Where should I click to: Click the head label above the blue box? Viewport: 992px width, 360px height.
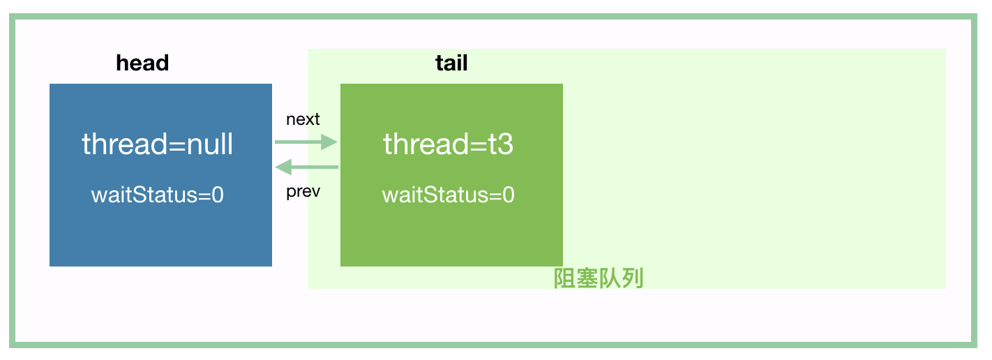(142, 63)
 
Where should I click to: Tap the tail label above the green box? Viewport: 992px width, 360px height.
(451, 63)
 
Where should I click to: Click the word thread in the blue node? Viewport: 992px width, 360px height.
(122, 144)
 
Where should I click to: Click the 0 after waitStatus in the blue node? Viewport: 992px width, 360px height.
(218, 195)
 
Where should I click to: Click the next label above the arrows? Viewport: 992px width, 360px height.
(303, 119)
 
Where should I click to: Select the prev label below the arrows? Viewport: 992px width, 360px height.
(303, 192)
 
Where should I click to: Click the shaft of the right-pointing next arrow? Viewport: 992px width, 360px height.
(296, 142)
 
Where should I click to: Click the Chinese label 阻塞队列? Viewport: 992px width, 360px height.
(598, 278)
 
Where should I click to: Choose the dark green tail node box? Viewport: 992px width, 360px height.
(451, 237)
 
